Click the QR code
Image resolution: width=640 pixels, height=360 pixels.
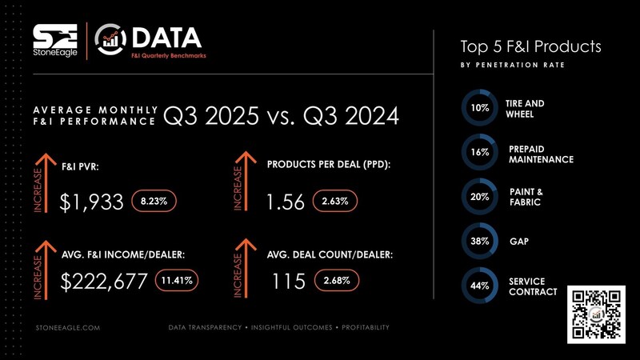(595, 314)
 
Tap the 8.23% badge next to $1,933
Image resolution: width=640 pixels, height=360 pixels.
(154, 202)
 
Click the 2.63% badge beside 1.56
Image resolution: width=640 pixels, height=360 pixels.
(334, 202)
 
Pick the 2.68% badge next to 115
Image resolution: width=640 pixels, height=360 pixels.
(337, 281)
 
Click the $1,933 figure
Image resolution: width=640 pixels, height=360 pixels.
(92, 202)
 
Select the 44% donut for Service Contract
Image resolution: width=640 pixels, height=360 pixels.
(480, 286)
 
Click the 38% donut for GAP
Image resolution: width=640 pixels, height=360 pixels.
(480, 241)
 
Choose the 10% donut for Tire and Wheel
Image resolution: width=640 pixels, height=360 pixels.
(480, 108)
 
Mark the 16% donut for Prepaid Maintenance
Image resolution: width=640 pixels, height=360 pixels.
(480, 152)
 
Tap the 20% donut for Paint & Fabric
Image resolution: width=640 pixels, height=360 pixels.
(480, 197)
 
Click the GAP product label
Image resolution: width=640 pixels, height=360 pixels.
(518, 241)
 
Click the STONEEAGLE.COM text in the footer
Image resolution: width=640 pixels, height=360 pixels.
(68, 328)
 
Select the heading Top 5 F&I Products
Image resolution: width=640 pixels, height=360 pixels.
(530, 46)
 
